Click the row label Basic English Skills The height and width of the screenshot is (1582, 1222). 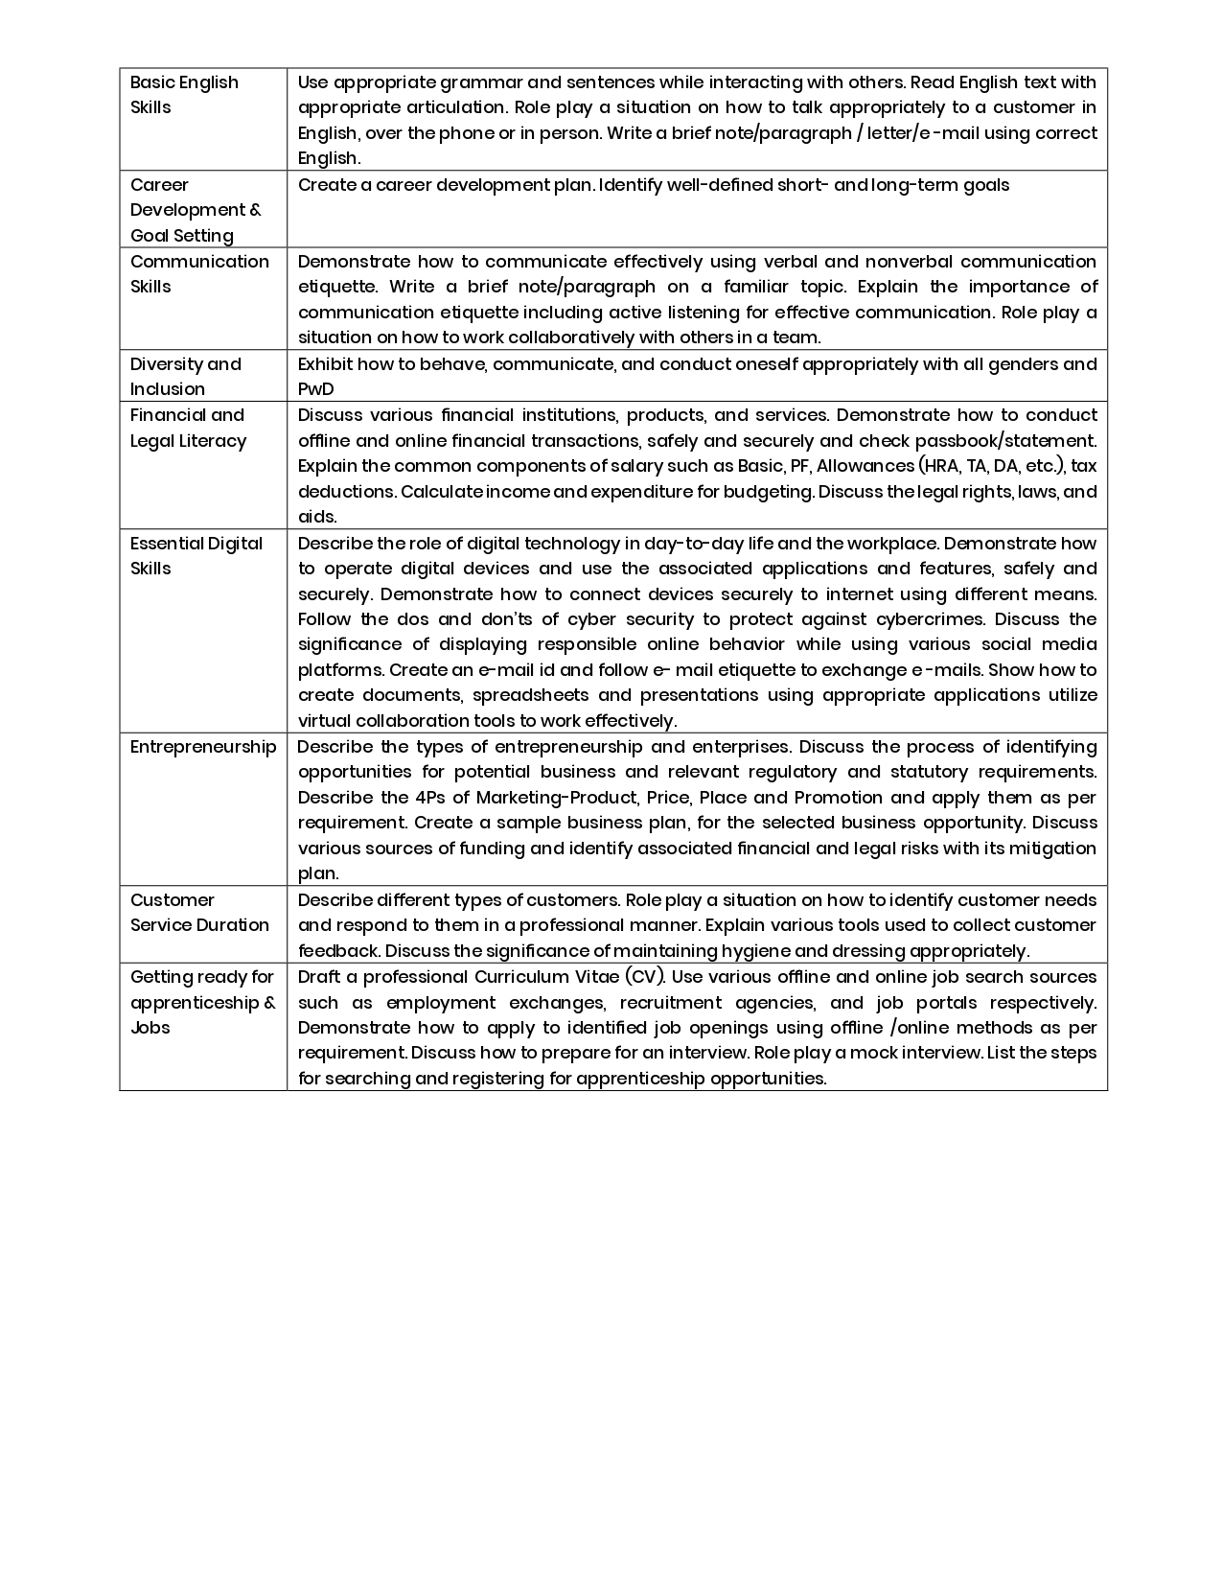pos(184,95)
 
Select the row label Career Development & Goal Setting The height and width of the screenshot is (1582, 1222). pos(196,210)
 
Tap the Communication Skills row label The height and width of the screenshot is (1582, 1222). pos(199,274)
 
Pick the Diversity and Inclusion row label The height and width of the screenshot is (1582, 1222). pos(185,376)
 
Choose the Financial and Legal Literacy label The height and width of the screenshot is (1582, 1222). pos(188,428)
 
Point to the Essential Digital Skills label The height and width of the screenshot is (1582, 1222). pos(196,555)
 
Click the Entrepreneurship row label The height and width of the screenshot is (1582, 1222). pos(203,747)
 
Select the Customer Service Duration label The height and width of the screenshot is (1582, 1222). pos(199,912)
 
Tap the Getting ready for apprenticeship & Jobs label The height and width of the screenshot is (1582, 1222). pos(202,1002)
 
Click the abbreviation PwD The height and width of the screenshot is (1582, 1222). pos(315,389)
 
